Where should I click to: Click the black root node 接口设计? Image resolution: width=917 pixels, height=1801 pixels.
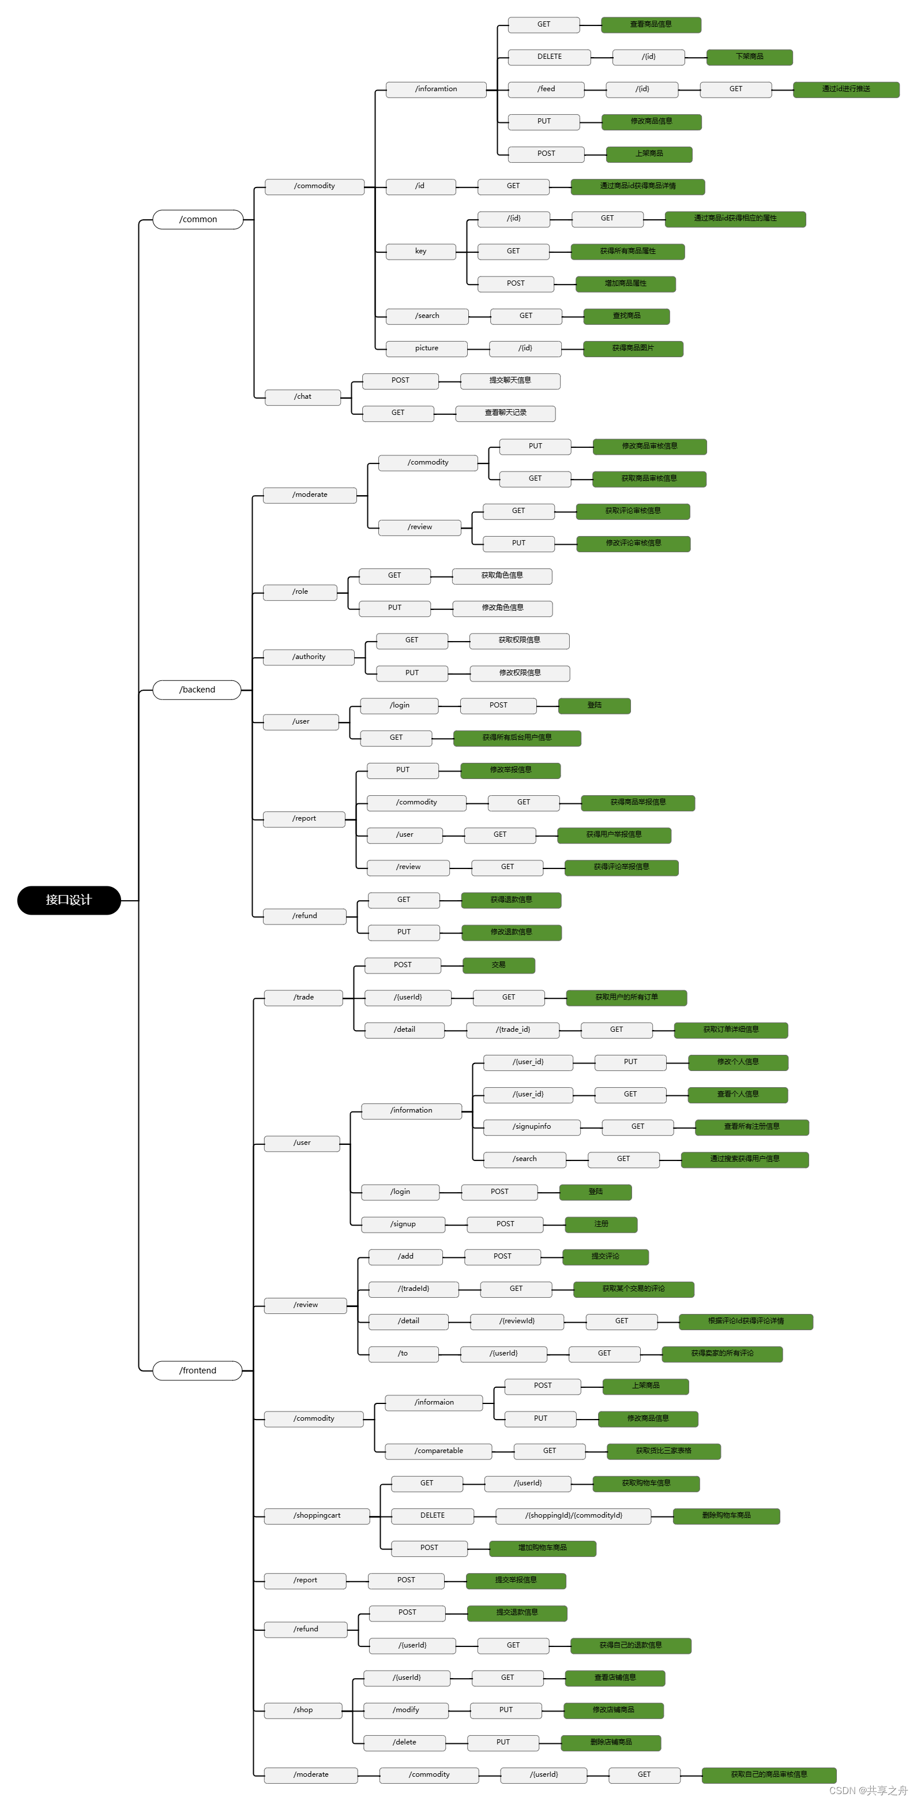[x=69, y=900]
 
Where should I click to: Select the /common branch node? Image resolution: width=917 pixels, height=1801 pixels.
[x=198, y=219]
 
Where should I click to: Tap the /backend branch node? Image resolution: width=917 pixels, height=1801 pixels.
[x=197, y=690]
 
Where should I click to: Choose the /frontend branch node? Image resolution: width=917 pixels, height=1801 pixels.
[x=198, y=1371]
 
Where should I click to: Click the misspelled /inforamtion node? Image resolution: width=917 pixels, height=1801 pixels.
[x=436, y=89]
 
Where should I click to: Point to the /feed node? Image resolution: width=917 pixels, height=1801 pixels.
[x=546, y=89]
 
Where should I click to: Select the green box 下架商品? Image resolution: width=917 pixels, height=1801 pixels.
[x=749, y=57]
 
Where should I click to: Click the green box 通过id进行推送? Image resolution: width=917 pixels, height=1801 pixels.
[x=845, y=89]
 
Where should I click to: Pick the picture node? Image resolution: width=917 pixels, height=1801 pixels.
[x=426, y=348]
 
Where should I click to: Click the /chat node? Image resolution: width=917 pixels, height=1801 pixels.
[x=303, y=397]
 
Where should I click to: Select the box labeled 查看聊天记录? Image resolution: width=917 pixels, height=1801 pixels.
[x=505, y=413]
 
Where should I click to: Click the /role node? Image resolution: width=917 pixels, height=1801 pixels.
[x=300, y=592]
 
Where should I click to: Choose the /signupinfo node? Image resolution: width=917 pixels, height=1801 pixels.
[x=532, y=1127]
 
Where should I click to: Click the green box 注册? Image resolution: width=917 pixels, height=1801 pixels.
[x=601, y=1224]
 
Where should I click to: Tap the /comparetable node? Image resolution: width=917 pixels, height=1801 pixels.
[x=438, y=1451]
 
